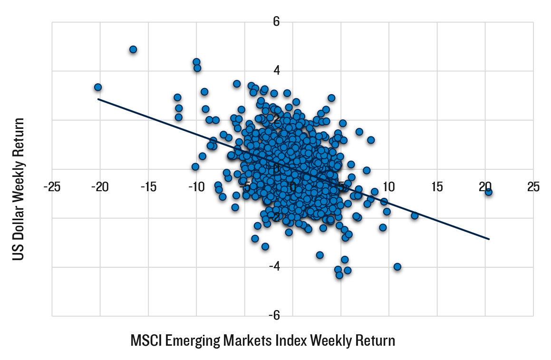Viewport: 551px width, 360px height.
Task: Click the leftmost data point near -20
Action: coord(98,87)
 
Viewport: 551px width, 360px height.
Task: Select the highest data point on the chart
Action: coord(133,49)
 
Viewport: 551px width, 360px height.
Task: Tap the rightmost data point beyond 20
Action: coord(488,192)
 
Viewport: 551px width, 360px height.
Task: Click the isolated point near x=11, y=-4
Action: coord(397,267)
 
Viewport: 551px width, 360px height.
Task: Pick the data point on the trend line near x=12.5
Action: coord(415,215)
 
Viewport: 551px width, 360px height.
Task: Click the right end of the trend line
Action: coord(489,239)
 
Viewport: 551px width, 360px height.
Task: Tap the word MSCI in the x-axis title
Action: coord(145,341)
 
